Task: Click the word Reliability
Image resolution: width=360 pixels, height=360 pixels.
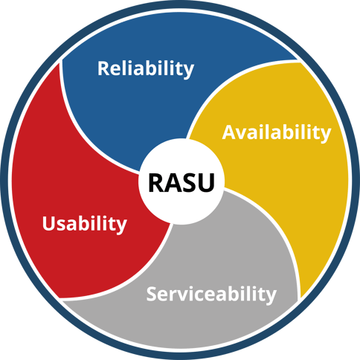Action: [146, 69]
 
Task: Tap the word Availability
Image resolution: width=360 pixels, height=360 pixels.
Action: [276, 133]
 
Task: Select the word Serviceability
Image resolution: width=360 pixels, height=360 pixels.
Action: [211, 294]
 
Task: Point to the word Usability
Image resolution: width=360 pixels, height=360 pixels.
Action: [85, 223]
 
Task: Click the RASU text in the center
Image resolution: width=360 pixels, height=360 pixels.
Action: [181, 182]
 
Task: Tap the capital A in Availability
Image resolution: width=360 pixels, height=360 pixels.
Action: [229, 132]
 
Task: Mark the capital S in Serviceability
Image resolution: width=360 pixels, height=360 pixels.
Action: [152, 293]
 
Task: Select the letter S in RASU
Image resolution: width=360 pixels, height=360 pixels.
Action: [190, 182]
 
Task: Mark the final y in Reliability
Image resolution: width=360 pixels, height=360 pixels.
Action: [189, 71]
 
